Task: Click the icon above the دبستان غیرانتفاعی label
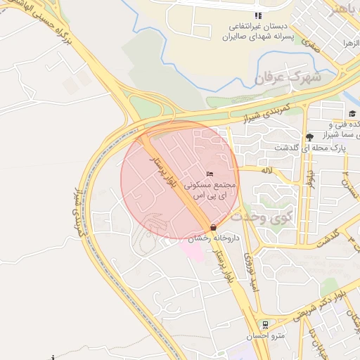(x=259, y=15)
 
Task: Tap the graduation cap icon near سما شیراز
(x=351, y=113)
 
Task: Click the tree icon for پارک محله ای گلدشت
(x=309, y=136)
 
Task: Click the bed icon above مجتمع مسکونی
(x=209, y=174)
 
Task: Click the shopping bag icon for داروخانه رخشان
(x=213, y=227)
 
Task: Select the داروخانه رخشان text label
(x=214, y=239)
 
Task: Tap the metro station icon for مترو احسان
(x=265, y=324)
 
